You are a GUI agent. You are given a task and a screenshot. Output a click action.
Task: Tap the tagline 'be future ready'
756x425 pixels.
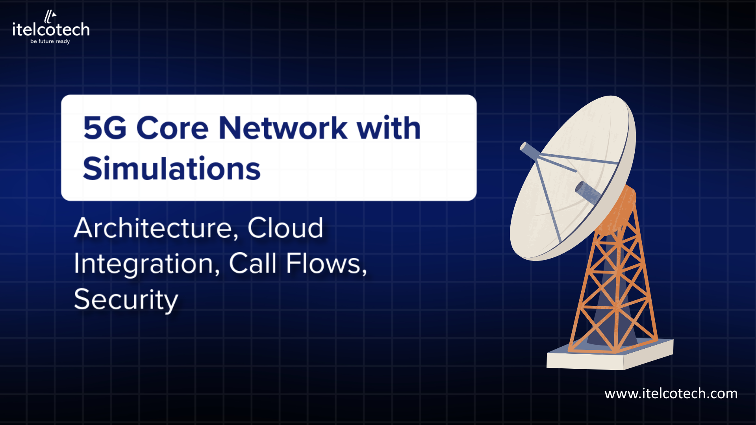50,41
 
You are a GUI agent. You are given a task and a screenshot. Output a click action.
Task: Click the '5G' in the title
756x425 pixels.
105,128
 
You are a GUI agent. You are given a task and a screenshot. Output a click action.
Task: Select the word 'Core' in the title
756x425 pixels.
172,128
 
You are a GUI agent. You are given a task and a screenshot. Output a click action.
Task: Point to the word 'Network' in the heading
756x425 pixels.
283,128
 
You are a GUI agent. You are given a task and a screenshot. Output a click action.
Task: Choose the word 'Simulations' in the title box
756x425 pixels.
172,168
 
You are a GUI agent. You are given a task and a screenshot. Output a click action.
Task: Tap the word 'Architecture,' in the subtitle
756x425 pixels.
156,228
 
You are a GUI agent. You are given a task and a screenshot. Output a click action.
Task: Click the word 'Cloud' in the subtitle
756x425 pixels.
285,228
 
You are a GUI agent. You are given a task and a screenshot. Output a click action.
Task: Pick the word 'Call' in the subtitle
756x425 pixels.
252,263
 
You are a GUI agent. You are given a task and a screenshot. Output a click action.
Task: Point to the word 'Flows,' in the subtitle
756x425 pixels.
326,263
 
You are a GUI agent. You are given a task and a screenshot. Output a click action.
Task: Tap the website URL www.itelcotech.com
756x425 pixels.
671,394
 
